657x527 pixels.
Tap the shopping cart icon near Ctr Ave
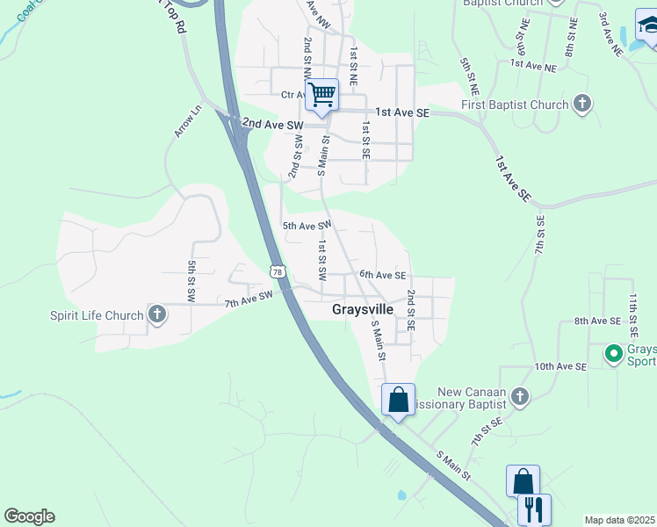[x=322, y=94]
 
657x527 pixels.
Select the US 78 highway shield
[x=278, y=272]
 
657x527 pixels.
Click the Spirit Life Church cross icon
[x=157, y=314]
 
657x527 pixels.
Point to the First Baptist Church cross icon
[x=581, y=105]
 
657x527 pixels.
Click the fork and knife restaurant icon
[x=534, y=509]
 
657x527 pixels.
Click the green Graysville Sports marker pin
[x=614, y=354]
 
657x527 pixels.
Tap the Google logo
[x=29, y=516]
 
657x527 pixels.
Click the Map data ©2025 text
[x=620, y=520]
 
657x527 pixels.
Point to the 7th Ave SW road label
[x=249, y=300]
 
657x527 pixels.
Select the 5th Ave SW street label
[x=306, y=226]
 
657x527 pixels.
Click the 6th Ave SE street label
[x=382, y=275]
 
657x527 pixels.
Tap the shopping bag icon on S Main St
[x=398, y=401]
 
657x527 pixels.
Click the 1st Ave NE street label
[x=533, y=66]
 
